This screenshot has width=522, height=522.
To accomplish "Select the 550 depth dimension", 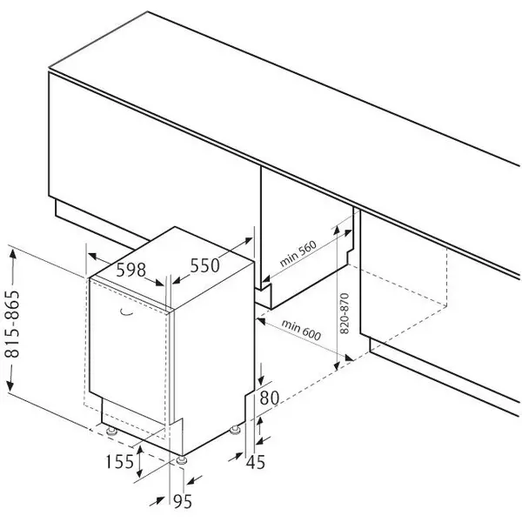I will pyautogui.click(x=205, y=265).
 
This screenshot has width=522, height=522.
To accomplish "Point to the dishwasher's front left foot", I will pyautogui.click(x=111, y=431).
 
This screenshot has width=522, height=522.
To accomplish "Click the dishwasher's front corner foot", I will pyautogui.click(x=180, y=459).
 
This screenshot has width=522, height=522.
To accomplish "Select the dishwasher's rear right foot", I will pyautogui.click(x=235, y=429).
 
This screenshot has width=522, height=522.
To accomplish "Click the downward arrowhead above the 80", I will pyautogui.click(x=261, y=383).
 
